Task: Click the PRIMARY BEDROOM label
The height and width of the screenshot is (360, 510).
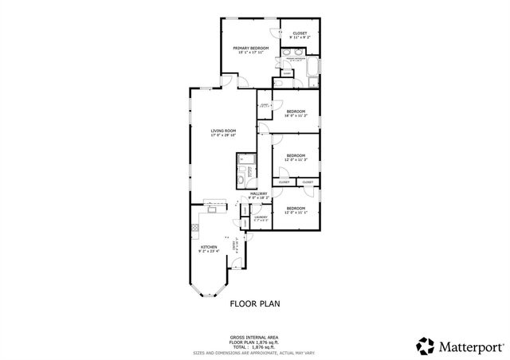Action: point(250,49)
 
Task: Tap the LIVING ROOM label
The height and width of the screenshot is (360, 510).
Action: point(223,131)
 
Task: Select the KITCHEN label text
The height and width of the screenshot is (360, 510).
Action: point(209,247)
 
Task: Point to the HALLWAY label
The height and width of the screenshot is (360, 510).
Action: point(259,194)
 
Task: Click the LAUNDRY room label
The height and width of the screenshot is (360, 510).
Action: point(260,217)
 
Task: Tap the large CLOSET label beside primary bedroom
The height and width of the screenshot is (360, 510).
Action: point(300,33)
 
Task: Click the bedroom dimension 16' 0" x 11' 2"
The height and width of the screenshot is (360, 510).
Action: point(296,116)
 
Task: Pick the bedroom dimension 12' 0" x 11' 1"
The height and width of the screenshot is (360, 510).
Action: point(296,212)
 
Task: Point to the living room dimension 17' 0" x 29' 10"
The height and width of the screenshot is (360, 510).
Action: point(223,135)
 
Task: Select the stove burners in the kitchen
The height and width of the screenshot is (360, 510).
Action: point(194,229)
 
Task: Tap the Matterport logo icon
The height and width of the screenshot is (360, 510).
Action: point(425,345)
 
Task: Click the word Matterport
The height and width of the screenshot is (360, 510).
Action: point(469,346)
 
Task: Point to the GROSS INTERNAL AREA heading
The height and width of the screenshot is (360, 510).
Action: point(254,338)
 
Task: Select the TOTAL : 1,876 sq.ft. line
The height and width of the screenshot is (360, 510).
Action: point(254,346)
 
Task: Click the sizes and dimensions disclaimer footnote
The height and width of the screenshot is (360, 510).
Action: point(254,351)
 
